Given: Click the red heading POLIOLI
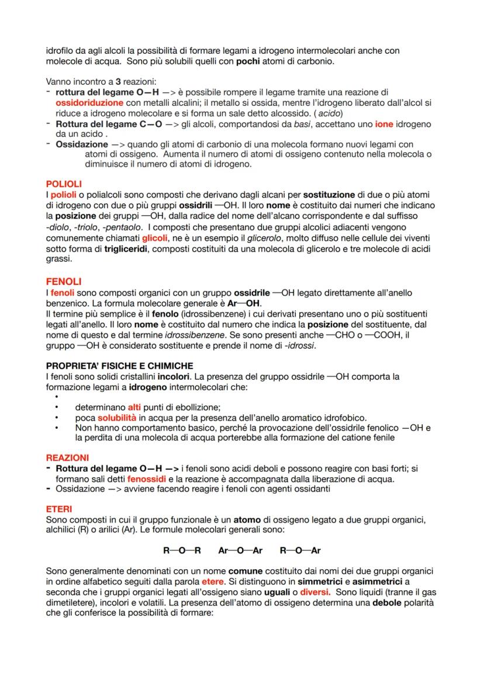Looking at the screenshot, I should (64, 183).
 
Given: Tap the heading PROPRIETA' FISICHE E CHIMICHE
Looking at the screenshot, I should (119, 365).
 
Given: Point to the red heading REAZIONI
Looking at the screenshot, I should (67, 457).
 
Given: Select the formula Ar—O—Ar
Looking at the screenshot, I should (240, 550).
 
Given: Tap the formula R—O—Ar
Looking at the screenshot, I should (300, 550).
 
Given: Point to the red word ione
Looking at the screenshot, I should (383, 124).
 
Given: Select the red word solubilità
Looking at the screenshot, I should (118, 418).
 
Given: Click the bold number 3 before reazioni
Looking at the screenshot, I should (117, 81).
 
